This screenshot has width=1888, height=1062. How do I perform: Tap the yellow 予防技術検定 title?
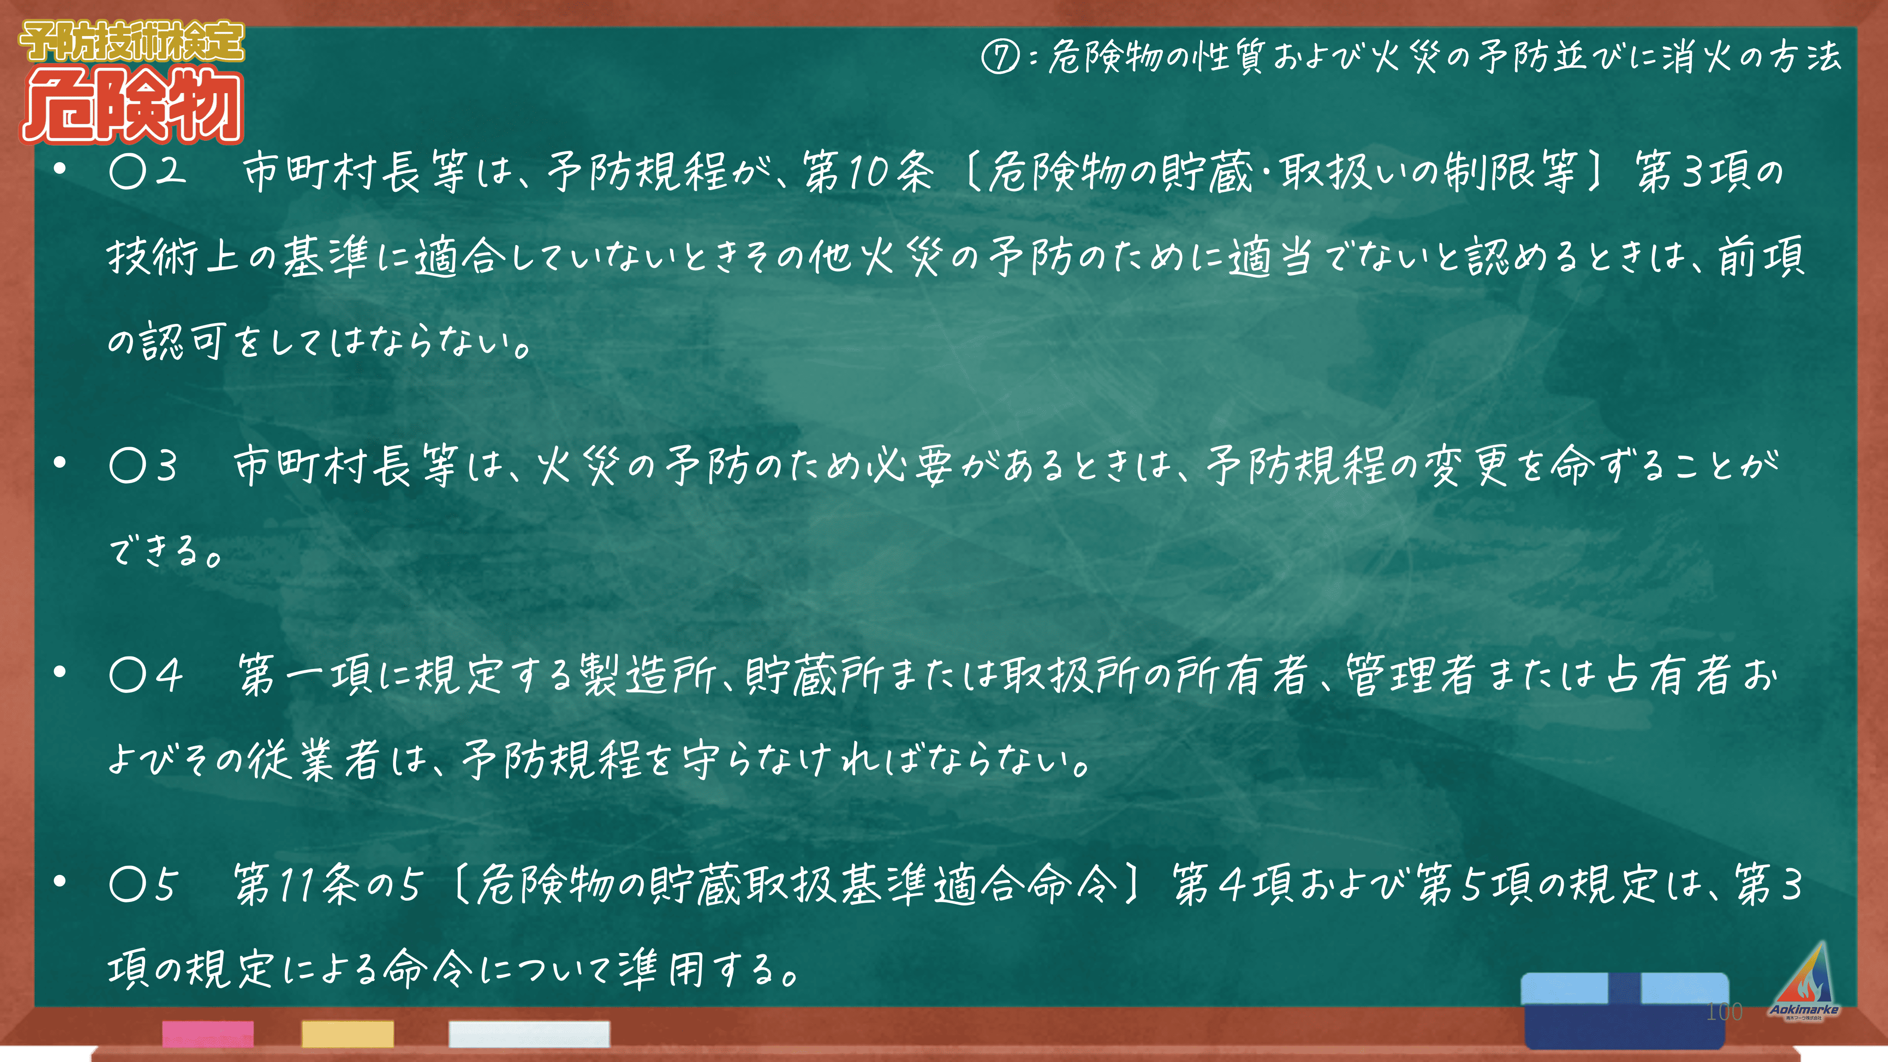coord(132,41)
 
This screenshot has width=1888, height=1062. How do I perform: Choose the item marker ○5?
coord(144,884)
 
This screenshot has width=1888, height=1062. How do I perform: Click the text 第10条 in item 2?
coord(868,172)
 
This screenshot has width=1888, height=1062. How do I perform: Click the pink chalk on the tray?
coord(208,1033)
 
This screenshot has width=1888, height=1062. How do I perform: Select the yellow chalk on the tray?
coord(348,1033)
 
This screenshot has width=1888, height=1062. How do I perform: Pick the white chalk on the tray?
coord(529,1033)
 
